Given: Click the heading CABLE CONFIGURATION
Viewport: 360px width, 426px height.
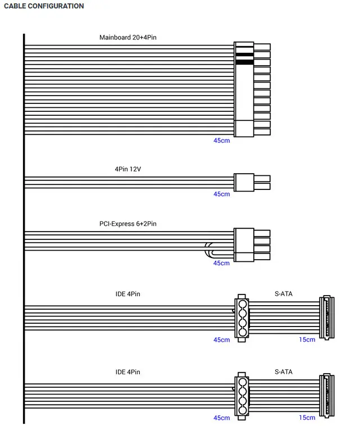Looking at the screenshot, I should (44, 6).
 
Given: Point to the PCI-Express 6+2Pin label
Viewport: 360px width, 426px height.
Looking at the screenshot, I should (128, 224).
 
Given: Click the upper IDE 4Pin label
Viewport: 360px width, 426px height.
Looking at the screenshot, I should (128, 293).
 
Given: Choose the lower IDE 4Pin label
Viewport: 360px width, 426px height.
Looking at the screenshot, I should (128, 372).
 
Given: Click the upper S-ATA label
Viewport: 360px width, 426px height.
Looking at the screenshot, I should (284, 293).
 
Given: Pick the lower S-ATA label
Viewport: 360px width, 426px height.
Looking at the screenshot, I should (284, 372).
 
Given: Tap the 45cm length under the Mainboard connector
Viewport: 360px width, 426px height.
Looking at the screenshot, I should (221, 141).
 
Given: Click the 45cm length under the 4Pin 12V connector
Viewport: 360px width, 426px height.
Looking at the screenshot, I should (221, 194).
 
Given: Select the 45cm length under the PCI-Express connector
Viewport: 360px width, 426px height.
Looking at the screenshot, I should (221, 263).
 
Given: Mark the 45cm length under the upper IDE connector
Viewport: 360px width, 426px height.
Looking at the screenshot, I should (221, 339).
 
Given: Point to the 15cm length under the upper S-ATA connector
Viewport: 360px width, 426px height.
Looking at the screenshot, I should (307, 339).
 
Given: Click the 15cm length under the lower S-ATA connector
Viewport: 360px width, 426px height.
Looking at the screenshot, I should (307, 418).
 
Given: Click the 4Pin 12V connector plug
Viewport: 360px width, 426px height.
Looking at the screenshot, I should (252, 182).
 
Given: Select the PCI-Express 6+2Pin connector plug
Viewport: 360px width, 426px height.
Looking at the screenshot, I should (252, 244).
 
